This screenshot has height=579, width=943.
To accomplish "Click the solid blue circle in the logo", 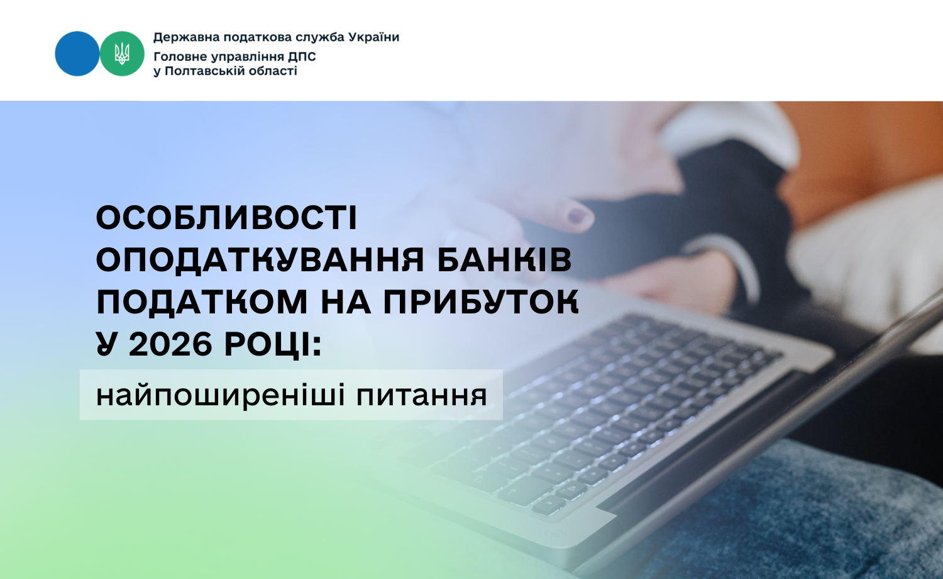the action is [77, 53].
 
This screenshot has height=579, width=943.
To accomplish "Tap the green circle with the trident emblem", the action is [122, 53].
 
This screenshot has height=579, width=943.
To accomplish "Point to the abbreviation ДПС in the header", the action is [302, 57].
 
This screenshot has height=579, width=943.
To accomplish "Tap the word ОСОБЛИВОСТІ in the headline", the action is [226, 218].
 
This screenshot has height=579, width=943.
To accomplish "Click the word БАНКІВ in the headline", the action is [504, 259].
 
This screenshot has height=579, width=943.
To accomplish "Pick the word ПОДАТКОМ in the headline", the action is [202, 302].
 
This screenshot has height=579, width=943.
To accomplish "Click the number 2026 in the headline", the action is [170, 344].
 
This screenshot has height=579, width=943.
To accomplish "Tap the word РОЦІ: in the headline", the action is [273, 345].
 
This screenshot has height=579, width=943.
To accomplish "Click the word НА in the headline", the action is [346, 302].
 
